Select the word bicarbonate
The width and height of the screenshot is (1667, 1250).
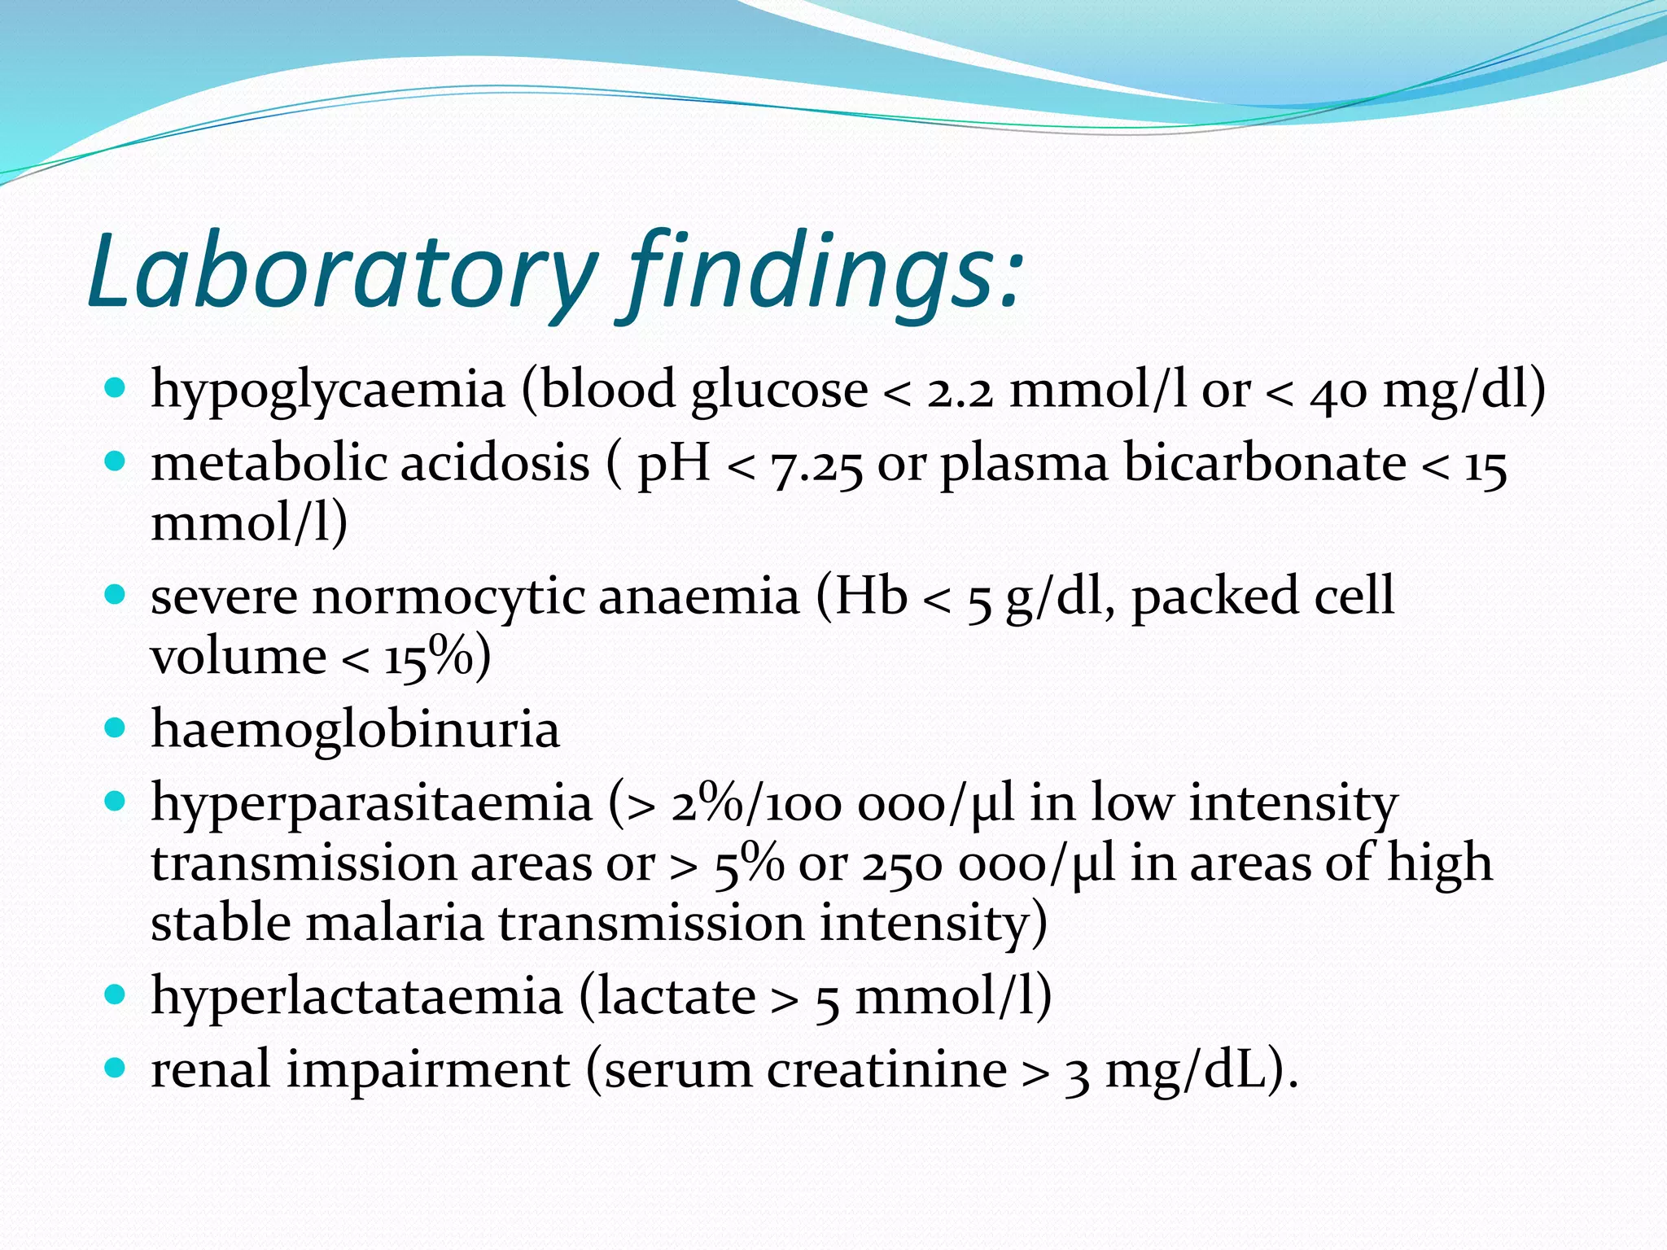1265,464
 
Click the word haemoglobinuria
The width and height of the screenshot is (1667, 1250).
355,729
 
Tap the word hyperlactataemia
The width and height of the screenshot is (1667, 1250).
357,997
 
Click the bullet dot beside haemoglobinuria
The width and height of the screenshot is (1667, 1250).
116,727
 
